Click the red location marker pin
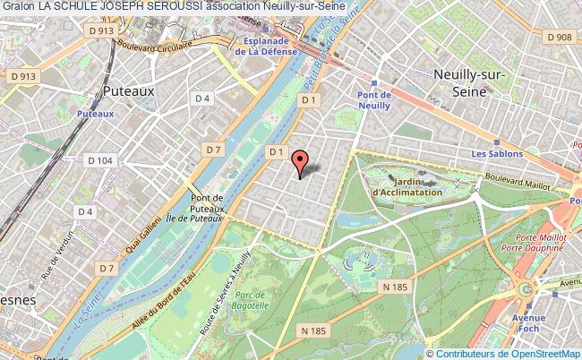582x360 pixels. click(300, 162)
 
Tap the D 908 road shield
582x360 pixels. click(560, 38)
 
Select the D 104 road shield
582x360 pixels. click(101, 159)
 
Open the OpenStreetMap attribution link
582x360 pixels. click(535, 353)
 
